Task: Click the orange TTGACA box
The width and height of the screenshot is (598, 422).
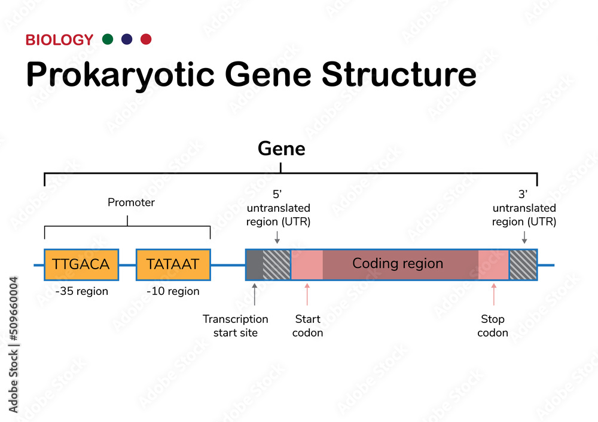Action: pyautogui.click(x=81, y=264)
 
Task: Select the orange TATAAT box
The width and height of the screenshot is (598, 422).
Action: pyautogui.click(x=173, y=264)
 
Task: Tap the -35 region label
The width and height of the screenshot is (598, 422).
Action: pyautogui.click(x=81, y=291)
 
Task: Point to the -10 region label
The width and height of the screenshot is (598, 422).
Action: pyautogui.click(x=173, y=291)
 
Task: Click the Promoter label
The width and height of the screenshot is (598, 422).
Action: pyautogui.click(x=131, y=202)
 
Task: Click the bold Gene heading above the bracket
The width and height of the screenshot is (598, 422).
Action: pyautogui.click(x=281, y=149)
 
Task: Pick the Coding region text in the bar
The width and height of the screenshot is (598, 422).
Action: pyautogui.click(x=398, y=263)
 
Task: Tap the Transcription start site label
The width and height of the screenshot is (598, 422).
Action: pyautogui.click(x=236, y=326)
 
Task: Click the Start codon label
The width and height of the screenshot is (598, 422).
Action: pyautogui.click(x=307, y=326)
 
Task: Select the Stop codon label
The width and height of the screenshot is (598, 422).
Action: pyautogui.click(x=493, y=326)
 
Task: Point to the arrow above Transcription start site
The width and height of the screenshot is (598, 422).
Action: pyautogui.click(x=255, y=294)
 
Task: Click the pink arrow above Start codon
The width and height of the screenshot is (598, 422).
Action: pyautogui.click(x=307, y=294)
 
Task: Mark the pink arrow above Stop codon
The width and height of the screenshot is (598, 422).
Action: pyautogui.click(x=493, y=294)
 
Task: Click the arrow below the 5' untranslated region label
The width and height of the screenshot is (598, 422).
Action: pyautogui.click(x=277, y=238)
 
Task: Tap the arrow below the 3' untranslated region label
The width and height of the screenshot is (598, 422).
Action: pyautogui.click(x=524, y=238)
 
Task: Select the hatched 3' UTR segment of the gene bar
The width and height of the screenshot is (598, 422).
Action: pyautogui.click(x=523, y=264)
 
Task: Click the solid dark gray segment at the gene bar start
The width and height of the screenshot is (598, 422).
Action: pyautogui.click(x=254, y=264)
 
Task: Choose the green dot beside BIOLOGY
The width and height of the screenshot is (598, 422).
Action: pyautogui.click(x=108, y=39)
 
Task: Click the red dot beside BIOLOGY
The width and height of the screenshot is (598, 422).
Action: pyautogui.click(x=145, y=39)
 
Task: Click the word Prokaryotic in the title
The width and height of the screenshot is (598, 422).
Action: pyautogui.click(x=120, y=75)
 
